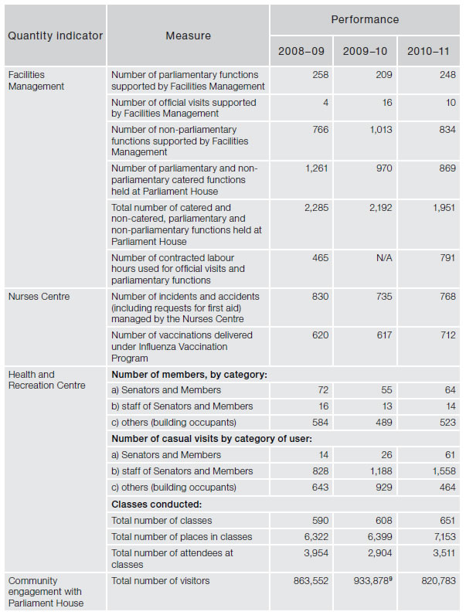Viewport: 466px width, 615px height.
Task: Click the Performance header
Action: (x=365, y=19)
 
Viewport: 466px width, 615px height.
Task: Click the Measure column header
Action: (x=188, y=36)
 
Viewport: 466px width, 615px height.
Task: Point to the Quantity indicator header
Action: (x=55, y=36)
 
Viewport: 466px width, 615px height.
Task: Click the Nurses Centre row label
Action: (x=38, y=296)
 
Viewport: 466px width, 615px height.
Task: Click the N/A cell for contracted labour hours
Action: (x=383, y=257)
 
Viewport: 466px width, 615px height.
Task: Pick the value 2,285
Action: (x=315, y=207)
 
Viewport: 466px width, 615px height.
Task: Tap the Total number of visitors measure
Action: (x=160, y=580)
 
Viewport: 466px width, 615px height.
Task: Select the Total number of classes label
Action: (x=162, y=520)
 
